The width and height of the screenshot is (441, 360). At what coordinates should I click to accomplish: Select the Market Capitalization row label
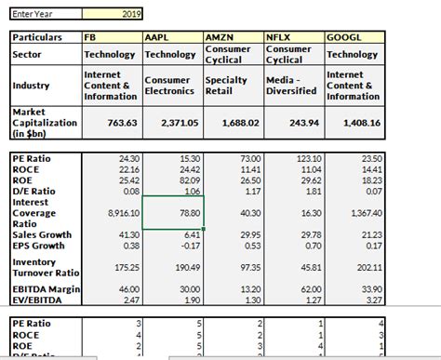[x=43, y=122]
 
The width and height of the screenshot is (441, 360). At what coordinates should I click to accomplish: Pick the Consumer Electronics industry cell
[x=170, y=86]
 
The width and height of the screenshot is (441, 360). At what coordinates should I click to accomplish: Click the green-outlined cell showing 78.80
[x=171, y=213]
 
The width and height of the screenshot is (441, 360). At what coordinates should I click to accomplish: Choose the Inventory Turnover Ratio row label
[x=43, y=268]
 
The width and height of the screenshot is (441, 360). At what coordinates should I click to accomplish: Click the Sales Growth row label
[x=43, y=235]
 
